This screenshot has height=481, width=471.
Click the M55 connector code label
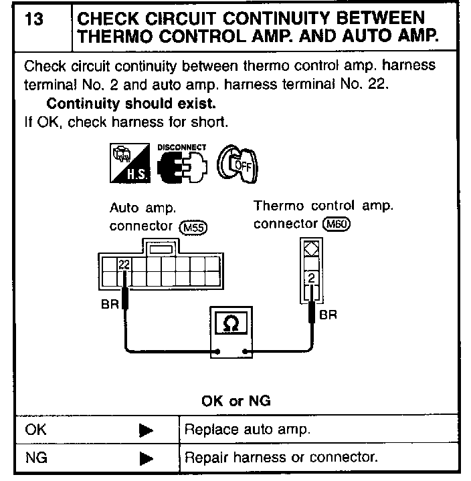195,227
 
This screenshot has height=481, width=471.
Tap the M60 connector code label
337,223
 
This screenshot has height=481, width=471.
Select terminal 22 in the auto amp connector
124,265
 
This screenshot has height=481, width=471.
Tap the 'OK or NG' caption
235,401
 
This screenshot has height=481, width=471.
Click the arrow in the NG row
147,459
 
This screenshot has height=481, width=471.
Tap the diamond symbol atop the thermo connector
311,249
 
